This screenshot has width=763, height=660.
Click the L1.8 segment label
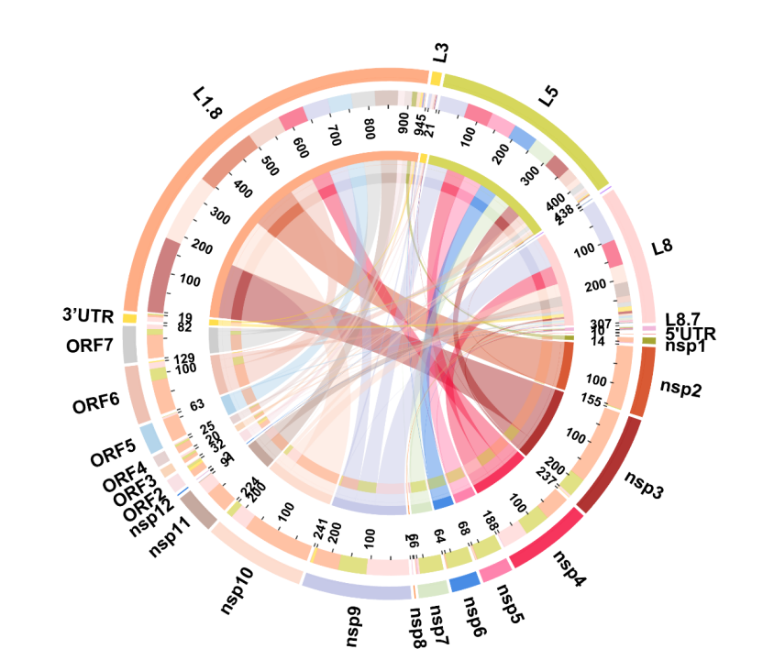point(207,104)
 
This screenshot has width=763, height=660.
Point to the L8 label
point(663,247)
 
